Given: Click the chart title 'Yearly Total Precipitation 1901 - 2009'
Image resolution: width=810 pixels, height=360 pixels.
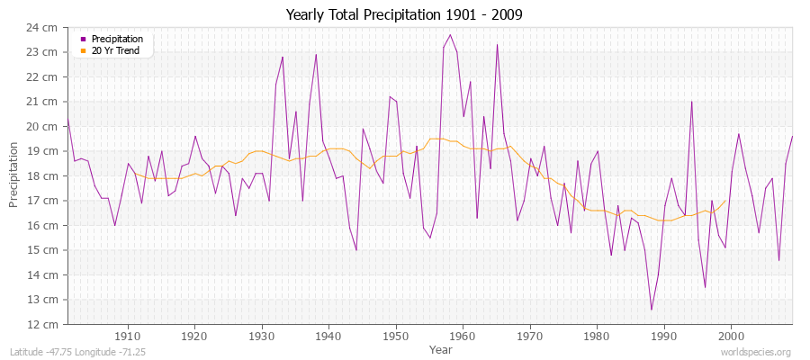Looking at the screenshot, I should pyautogui.click(x=404, y=15).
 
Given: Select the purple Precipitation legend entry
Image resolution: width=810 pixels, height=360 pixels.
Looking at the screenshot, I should pyautogui.click(x=117, y=40).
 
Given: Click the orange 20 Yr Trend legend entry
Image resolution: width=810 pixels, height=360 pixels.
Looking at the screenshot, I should pyautogui.click(x=117, y=50).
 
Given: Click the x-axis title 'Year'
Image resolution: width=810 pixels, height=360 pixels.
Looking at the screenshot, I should pyautogui.click(x=441, y=349).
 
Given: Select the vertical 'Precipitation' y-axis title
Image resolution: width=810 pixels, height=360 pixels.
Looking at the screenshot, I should pyautogui.click(x=13, y=175).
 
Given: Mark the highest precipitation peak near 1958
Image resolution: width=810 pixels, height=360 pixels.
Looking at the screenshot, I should pyautogui.click(x=450, y=35).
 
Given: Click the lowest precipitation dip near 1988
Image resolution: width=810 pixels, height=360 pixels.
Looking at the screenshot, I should pyautogui.click(x=651, y=310).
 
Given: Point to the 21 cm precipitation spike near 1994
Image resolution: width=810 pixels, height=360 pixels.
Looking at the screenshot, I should pyautogui.click(x=691, y=102).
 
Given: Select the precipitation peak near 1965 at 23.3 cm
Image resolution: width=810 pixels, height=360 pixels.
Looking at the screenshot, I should pyautogui.click(x=497, y=45).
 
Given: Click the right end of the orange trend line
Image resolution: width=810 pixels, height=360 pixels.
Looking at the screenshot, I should pyautogui.click(x=725, y=201).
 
